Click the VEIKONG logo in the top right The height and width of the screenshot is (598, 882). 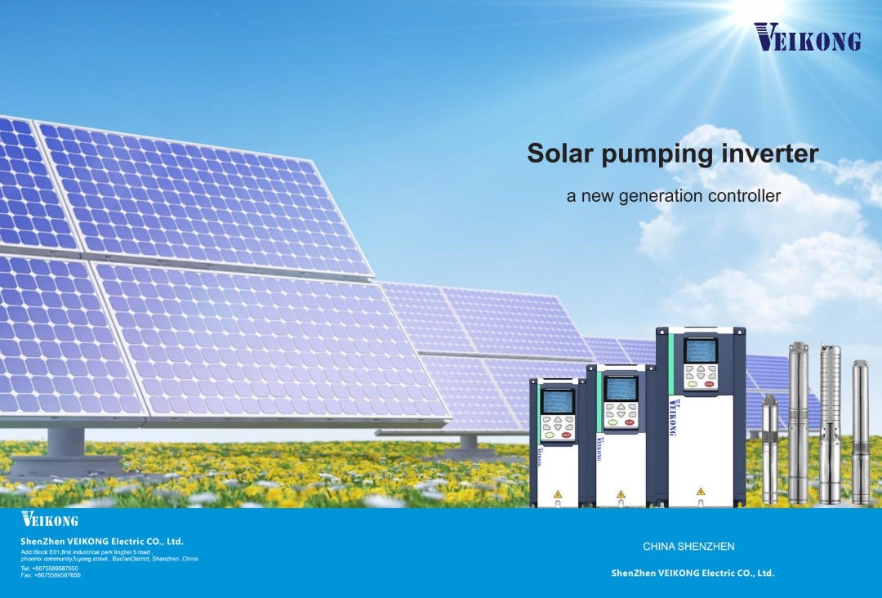coord(807,37)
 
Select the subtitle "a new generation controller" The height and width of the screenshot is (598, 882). coord(674,196)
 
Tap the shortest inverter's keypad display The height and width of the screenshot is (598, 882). coord(559,401)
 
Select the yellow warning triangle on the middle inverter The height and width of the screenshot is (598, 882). coord(621,494)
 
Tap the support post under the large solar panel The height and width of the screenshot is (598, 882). coord(66,446)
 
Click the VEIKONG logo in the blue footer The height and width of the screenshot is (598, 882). coord(50,520)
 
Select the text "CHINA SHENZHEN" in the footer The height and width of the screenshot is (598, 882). coord(688,546)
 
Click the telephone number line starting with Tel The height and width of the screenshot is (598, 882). coord(50,568)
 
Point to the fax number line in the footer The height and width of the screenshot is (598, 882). coord(51,575)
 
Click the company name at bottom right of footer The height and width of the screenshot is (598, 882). coord(693,573)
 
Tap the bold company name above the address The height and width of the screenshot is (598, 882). coord(102,541)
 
